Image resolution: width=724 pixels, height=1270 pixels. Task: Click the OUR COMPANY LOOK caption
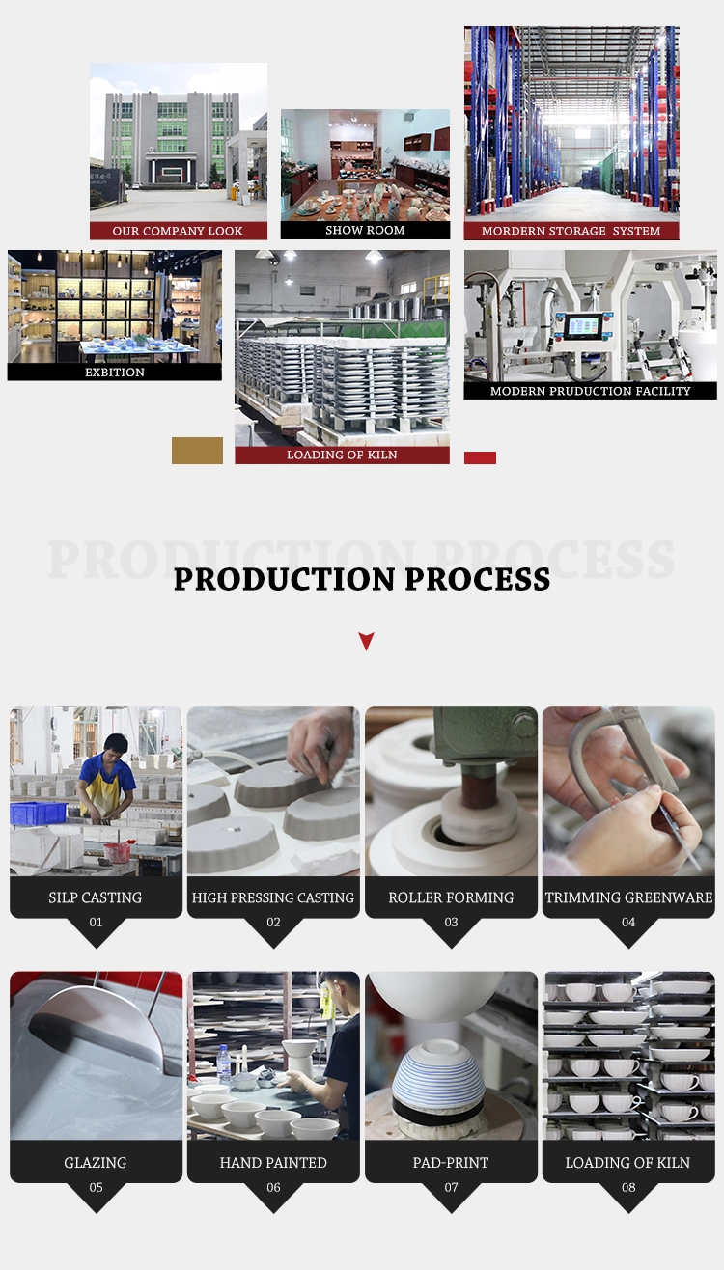pyautogui.click(x=178, y=231)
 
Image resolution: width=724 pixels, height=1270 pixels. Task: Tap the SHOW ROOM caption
pyautogui.click(x=365, y=230)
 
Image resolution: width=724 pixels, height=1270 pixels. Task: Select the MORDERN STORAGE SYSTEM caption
pyautogui.click(x=571, y=231)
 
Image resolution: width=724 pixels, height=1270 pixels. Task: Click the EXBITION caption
pyautogui.click(x=115, y=372)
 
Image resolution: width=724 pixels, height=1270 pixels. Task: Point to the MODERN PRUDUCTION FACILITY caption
pyautogui.click(x=590, y=391)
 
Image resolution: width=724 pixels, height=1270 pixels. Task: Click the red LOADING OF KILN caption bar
pyautogui.click(x=342, y=455)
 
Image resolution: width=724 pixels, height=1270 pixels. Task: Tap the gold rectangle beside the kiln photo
pyautogui.click(x=197, y=450)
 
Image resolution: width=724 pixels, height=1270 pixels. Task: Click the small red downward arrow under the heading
pyautogui.click(x=366, y=641)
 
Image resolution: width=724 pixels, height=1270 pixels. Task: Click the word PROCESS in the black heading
pyautogui.click(x=478, y=579)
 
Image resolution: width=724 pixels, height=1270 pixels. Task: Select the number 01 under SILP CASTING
pyautogui.click(x=96, y=922)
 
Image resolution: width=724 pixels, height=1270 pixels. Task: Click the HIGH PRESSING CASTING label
pyautogui.click(x=272, y=897)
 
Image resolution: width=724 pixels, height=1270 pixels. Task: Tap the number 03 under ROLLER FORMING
pyautogui.click(x=452, y=922)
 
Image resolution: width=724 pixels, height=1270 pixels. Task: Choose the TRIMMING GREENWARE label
pyautogui.click(x=628, y=897)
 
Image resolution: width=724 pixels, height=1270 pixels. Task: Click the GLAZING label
pyautogui.click(x=96, y=1162)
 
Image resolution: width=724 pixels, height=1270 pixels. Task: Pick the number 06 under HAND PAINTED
pyautogui.click(x=273, y=1187)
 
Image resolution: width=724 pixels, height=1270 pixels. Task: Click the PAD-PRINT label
pyautogui.click(x=451, y=1162)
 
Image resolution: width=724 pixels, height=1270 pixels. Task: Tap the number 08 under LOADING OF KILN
pyautogui.click(x=628, y=1187)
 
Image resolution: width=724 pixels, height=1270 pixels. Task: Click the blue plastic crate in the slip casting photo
pyautogui.click(x=38, y=813)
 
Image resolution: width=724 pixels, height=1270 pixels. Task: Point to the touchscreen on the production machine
pyautogui.click(x=582, y=326)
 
